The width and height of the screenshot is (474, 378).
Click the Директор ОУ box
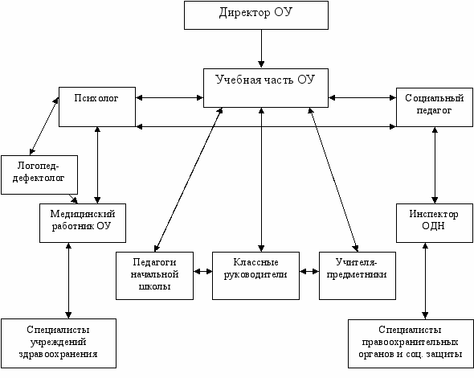pos(256,15)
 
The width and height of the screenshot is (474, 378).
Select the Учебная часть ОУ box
pos(266,88)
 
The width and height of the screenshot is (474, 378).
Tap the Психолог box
pos(97,107)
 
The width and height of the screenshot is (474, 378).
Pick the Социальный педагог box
pos(435,107)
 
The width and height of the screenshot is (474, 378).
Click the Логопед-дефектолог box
pos(39,175)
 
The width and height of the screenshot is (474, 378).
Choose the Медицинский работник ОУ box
pos(83,223)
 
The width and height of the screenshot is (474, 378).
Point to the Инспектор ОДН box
pos(435,223)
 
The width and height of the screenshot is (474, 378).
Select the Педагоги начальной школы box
pos(154,276)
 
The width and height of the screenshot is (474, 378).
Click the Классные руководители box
pos(255,276)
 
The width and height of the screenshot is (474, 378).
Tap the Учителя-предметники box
pos(358,276)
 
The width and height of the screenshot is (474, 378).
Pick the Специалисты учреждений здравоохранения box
pos(59,343)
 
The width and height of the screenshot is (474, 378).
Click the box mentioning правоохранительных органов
pos(411,343)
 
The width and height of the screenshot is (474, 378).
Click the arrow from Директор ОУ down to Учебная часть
pos(261,48)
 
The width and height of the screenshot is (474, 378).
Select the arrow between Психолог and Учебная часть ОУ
pos(170,97)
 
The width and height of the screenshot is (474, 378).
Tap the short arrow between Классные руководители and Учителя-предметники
pos(309,272)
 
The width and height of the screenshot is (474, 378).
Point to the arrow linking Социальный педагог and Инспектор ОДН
pos(435,165)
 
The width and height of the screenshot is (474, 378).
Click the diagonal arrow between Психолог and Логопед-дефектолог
pos(44,126)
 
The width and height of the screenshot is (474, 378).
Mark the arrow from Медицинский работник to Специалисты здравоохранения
pos(68,281)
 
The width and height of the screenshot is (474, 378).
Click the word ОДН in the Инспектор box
pos(433,226)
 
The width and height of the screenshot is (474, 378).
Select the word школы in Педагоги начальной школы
pos(154,286)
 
